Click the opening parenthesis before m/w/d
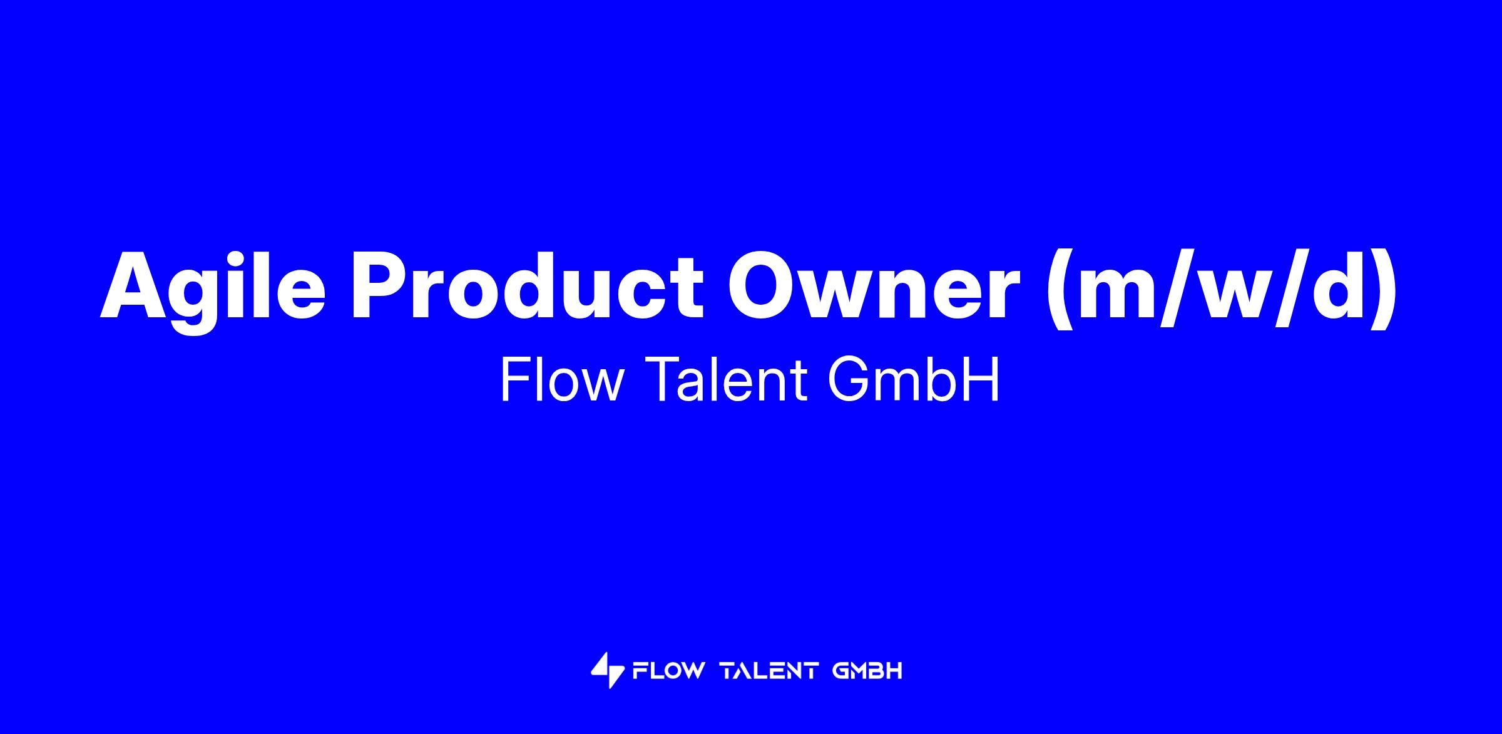1061,290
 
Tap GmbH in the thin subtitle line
913,380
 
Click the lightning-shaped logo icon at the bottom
607,670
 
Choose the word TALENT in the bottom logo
770,671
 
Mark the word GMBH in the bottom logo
868,671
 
